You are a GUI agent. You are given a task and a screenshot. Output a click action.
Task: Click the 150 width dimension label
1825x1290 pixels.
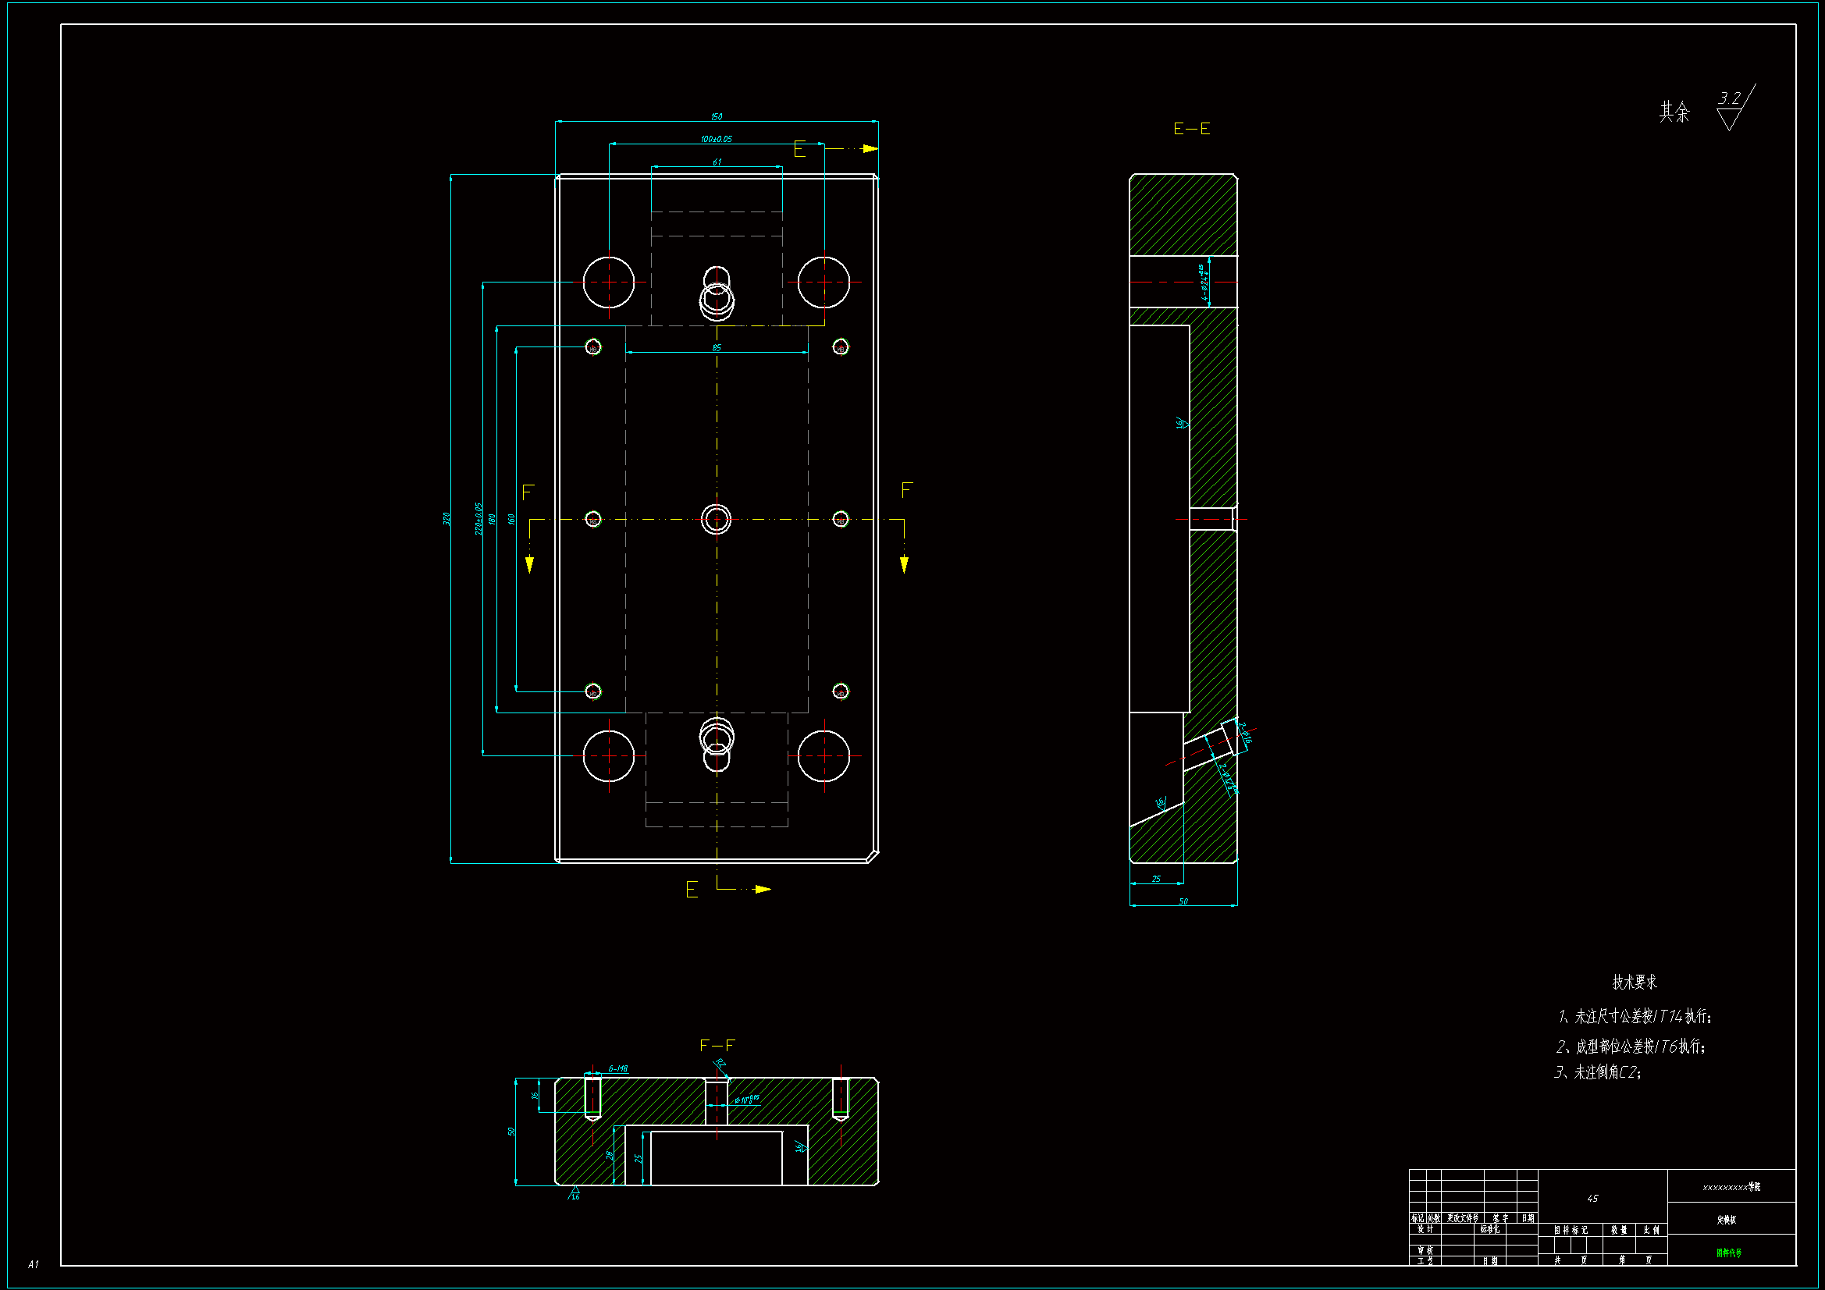[x=716, y=117]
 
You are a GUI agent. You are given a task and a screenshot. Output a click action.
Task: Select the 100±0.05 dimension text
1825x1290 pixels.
[x=716, y=139]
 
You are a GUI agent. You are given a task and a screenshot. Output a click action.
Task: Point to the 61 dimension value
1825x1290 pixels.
[x=717, y=162]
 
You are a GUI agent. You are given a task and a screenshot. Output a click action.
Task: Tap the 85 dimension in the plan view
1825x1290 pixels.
[x=716, y=348]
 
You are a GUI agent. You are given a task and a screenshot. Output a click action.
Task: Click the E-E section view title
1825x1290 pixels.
[x=1191, y=129]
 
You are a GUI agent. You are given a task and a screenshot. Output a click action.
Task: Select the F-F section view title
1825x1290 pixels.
[x=717, y=1045]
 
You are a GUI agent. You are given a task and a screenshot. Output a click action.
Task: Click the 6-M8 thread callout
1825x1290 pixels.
[x=617, y=1068]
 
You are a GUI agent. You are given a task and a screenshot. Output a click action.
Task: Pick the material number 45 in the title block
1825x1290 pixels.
[x=1592, y=1199]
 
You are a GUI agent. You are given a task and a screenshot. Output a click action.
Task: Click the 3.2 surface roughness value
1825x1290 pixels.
[x=1729, y=98]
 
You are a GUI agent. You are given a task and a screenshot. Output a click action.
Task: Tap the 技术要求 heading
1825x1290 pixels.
[x=1635, y=983]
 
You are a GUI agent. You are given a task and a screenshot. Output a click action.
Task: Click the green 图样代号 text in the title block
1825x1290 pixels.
[x=1728, y=1253]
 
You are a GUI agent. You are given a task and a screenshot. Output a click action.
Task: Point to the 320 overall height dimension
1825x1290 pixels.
[x=446, y=518]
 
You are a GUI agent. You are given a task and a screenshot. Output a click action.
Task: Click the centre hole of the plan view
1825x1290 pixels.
[x=716, y=519]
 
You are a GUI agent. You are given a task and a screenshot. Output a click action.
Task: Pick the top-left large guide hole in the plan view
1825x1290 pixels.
[x=609, y=283]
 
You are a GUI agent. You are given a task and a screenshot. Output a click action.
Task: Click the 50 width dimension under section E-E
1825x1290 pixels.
[x=1183, y=901]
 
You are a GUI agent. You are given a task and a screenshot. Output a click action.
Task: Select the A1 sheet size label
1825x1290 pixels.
[x=33, y=1263]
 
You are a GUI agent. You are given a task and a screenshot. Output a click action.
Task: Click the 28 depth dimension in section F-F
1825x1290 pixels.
[x=610, y=1154]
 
